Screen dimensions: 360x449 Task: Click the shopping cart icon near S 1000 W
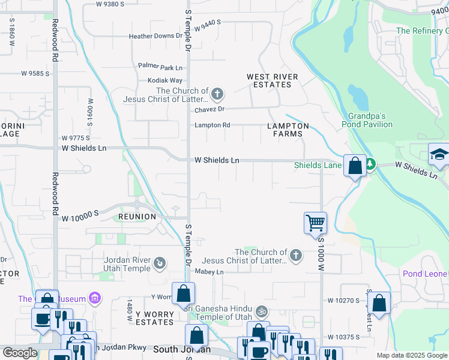pyautogui.click(x=315, y=223)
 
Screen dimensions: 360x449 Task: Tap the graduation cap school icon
pyautogui.click(x=439, y=155)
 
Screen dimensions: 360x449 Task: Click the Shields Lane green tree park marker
pyautogui.click(x=370, y=163)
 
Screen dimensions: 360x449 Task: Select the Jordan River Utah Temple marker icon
pyautogui.click(x=160, y=262)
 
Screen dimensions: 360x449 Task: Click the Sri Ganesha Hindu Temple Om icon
pyautogui.click(x=261, y=311)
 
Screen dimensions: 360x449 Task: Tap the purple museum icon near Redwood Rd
pyautogui.click(x=93, y=298)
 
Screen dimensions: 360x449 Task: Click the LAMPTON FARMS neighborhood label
pyautogui.click(x=288, y=130)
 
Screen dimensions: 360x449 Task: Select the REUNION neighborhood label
pyautogui.click(x=137, y=216)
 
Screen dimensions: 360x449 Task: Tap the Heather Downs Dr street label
pyautogui.click(x=155, y=36)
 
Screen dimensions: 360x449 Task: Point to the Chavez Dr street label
pyautogui.click(x=209, y=109)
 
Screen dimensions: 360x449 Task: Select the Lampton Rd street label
pyautogui.click(x=212, y=125)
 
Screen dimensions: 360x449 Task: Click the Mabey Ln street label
pyautogui.click(x=209, y=272)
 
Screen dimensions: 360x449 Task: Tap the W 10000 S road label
pyautogui.click(x=79, y=220)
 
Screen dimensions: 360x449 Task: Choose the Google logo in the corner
pyautogui.click(x=20, y=353)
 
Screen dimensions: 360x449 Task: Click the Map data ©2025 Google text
pyautogui.click(x=411, y=355)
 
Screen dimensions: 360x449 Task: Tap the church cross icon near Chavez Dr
pyautogui.click(x=217, y=94)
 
